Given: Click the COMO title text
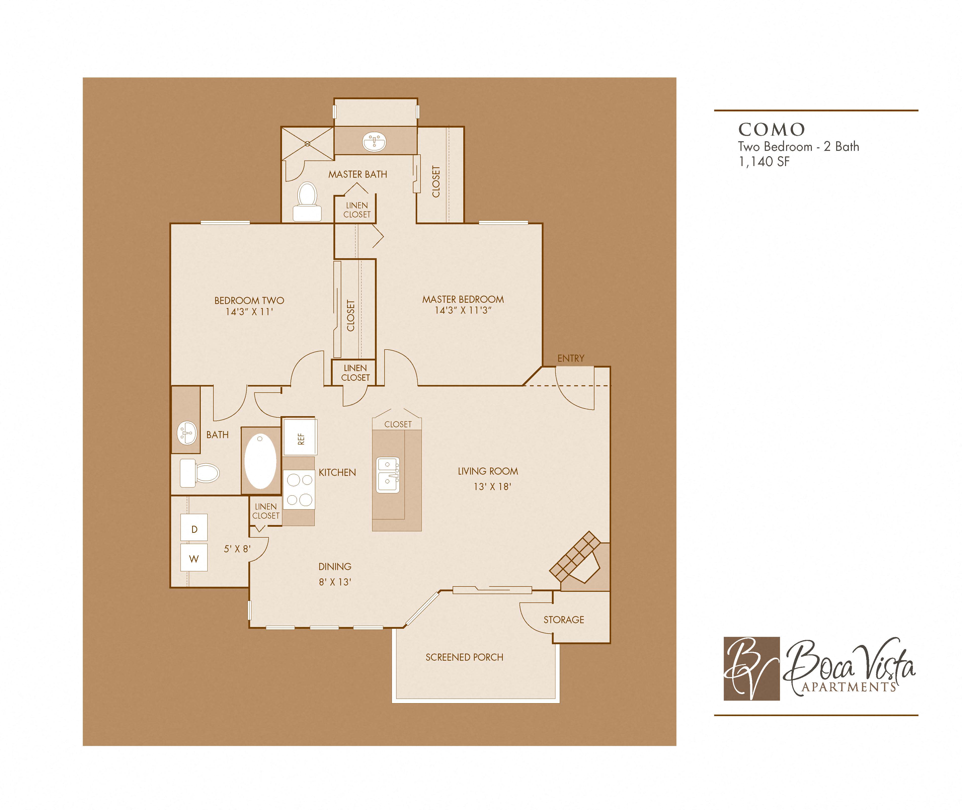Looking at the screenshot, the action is point(771,130).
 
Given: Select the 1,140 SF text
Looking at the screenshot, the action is point(764,162).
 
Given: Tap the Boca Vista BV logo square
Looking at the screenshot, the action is point(752,669).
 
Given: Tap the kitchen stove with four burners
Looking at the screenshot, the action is point(299,490).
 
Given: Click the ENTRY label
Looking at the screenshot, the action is point(571,358).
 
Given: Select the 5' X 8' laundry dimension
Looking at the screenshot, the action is point(237,549).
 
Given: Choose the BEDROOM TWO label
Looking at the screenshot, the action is point(249,300).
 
